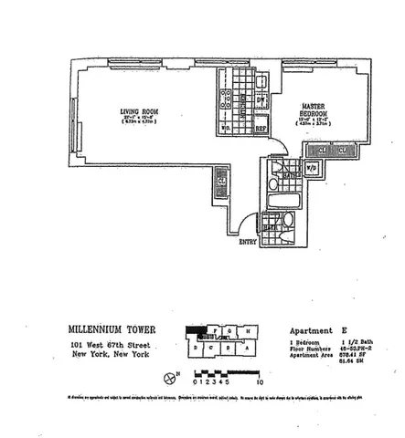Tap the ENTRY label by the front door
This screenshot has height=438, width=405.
pos(246,243)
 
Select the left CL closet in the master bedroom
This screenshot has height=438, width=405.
pos(322,149)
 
